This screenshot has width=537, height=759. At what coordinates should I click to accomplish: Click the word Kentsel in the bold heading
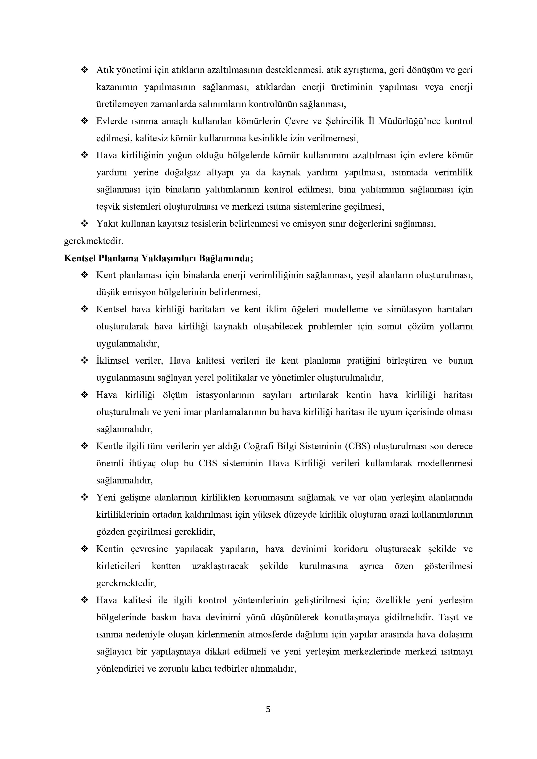[x=80, y=258]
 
